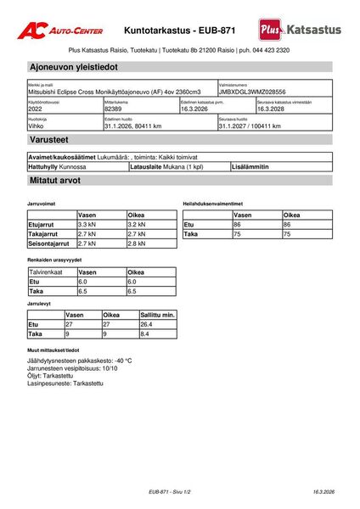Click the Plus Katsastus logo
point(301,30)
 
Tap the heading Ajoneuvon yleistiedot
point(73,66)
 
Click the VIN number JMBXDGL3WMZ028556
point(252,92)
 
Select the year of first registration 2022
point(36,109)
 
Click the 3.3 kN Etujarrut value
point(87,225)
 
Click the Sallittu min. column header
point(157,315)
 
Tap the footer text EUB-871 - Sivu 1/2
point(170,491)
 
